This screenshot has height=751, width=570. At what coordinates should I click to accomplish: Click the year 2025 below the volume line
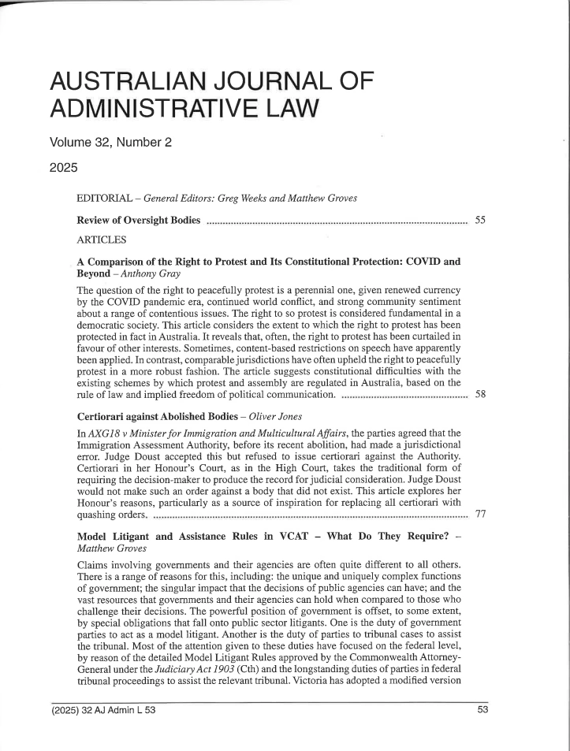[x=64, y=169]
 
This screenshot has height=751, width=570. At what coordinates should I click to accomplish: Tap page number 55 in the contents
[x=481, y=217]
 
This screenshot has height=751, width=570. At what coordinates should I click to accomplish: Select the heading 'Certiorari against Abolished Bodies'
[x=171, y=436]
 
